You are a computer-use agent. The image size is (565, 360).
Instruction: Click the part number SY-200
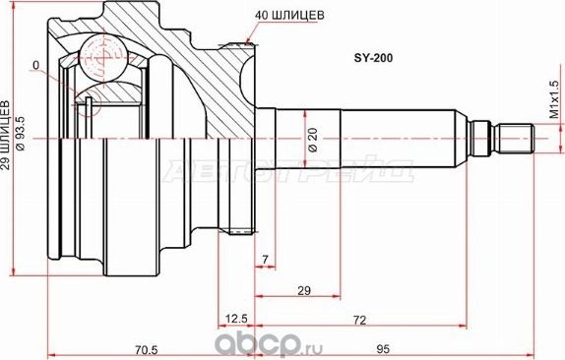pos(373,58)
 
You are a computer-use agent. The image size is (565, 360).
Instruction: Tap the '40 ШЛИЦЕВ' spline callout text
pos(289,15)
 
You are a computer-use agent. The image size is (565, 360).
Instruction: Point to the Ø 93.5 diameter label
pos(20,134)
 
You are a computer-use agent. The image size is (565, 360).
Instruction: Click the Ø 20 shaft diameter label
pos(313,140)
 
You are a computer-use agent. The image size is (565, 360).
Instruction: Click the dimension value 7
pos(266,260)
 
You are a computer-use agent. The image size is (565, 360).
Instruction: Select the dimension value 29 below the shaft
pos(304,290)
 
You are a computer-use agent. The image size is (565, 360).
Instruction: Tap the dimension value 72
pos(359,320)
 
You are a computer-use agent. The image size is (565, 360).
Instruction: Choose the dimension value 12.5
pos(236,319)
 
